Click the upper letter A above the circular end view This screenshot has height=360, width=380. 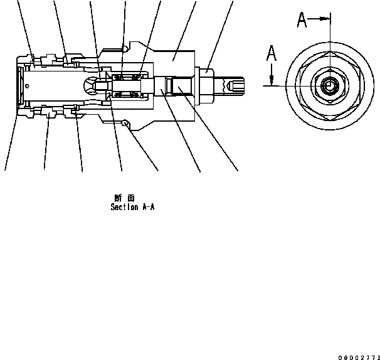click(302, 21)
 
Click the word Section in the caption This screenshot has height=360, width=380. click(124, 206)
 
